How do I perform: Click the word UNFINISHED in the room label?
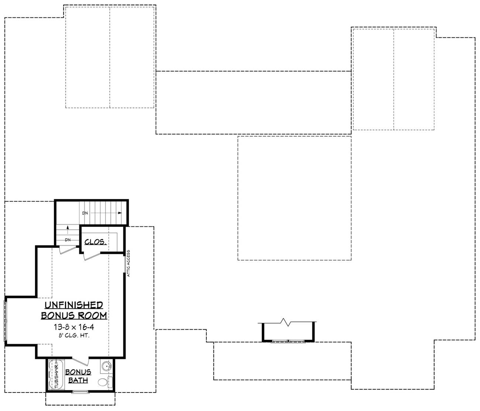click(x=74, y=305)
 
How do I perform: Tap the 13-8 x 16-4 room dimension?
click(x=73, y=327)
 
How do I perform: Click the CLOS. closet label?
click(x=96, y=242)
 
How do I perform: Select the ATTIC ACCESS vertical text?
click(x=128, y=263)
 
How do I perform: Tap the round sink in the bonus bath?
click(x=106, y=367)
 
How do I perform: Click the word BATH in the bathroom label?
click(x=78, y=380)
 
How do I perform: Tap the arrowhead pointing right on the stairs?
click(x=120, y=213)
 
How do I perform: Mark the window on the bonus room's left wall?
click(x=6, y=320)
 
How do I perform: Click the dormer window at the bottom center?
click(x=288, y=341)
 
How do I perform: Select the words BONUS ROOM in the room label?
click(x=74, y=316)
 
